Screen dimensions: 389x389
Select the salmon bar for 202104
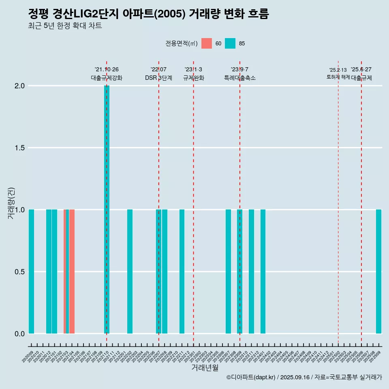click(x=72, y=271)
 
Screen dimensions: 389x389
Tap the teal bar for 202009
click(x=31, y=271)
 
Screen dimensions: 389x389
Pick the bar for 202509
click(x=378, y=271)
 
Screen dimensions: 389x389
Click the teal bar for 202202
click(x=130, y=271)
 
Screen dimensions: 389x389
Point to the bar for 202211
click(x=182, y=271)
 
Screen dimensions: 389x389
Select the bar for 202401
click(x=263, y=271)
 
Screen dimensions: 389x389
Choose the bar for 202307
click(x=228, y=271)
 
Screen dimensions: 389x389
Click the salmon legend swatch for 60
click(x=207, y=43)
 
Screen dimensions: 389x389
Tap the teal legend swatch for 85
click(x=230, y=43)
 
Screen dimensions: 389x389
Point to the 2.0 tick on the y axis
click(x=20, y=86)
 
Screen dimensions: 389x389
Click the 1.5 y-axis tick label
click(x=20, y=148)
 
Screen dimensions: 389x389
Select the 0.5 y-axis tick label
click(x=20, y=271)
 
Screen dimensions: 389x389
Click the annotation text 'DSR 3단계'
click(x=159, y=78)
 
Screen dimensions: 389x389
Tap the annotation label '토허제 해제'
click(x=338, y=77)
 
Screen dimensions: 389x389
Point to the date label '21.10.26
click(x=107, y=70)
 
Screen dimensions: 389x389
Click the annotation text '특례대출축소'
click(x=240, y=78)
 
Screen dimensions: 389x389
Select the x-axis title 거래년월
click(x=205, y=368)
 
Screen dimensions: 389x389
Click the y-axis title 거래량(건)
click(x=11, y=203)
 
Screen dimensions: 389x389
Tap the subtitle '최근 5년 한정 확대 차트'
click(x=65, y=26)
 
